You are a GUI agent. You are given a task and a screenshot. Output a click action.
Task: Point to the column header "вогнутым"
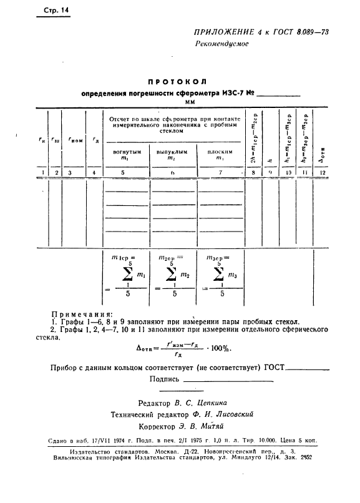tap(127, 152)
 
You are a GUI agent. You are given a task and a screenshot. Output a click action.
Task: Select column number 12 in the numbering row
tap(322, 172)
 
